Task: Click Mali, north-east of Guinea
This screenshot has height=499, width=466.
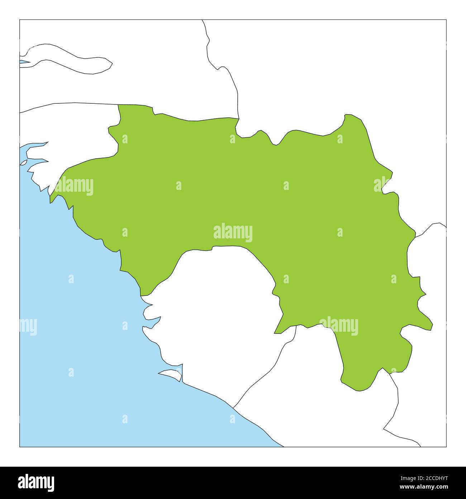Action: (x=323, y=72)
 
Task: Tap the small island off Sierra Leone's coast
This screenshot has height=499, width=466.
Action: (x=171, y=375)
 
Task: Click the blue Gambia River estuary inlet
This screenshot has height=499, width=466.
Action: (x=24, y=62)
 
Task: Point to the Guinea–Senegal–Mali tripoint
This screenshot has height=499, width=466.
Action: (x=239, y=118)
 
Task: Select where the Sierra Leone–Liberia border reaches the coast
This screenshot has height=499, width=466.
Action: (x=233, y=408)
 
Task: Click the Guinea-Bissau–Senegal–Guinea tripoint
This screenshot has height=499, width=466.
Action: (x=118, y=105)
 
